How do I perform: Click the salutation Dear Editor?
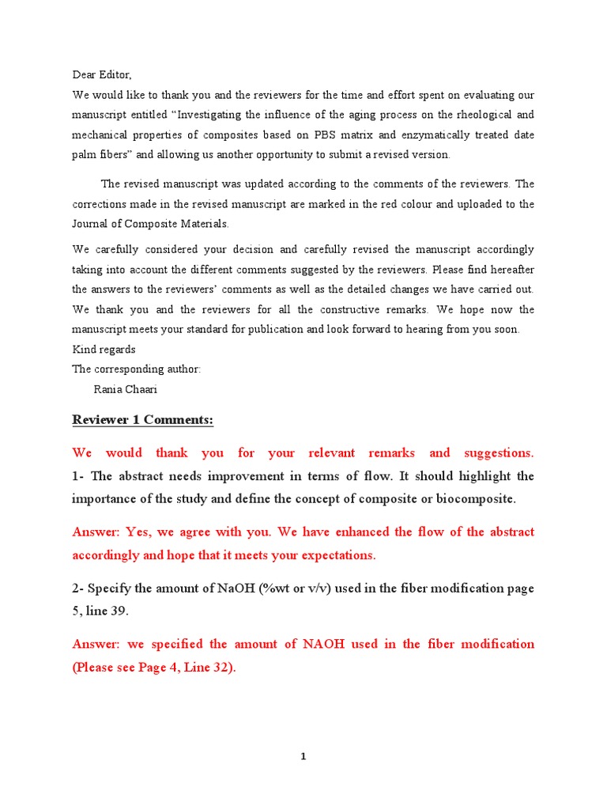coord(101,75)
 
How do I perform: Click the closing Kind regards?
coord(104,350)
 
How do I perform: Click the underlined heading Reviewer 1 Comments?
coord(142,420)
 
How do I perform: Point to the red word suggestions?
coord(495,453)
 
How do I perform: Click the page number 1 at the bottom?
coord(303,757)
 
